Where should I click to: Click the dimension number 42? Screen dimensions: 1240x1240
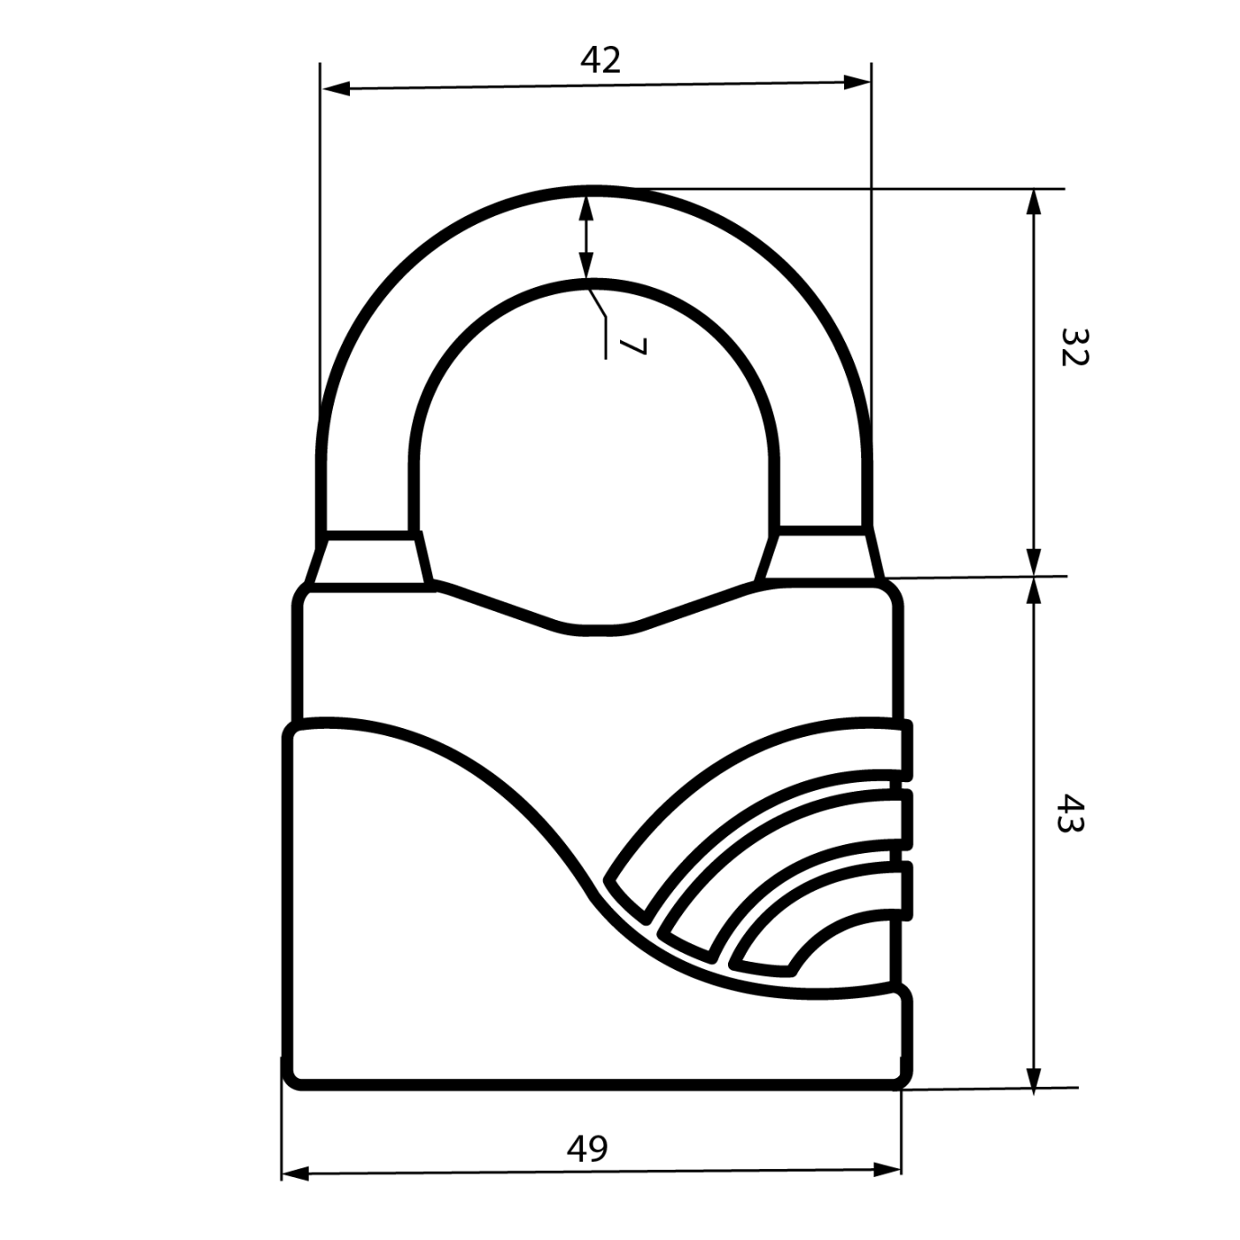[601, 60]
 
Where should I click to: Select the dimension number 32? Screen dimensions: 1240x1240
[1073, 347]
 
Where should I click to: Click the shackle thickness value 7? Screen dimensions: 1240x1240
[632, 347]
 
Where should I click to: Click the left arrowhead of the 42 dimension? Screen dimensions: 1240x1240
[336, 89]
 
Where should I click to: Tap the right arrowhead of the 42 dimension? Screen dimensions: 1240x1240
[856, 83]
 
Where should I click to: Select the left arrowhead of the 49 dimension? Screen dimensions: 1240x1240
[295, 1174]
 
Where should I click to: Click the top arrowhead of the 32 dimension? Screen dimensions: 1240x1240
[1034, 204]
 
